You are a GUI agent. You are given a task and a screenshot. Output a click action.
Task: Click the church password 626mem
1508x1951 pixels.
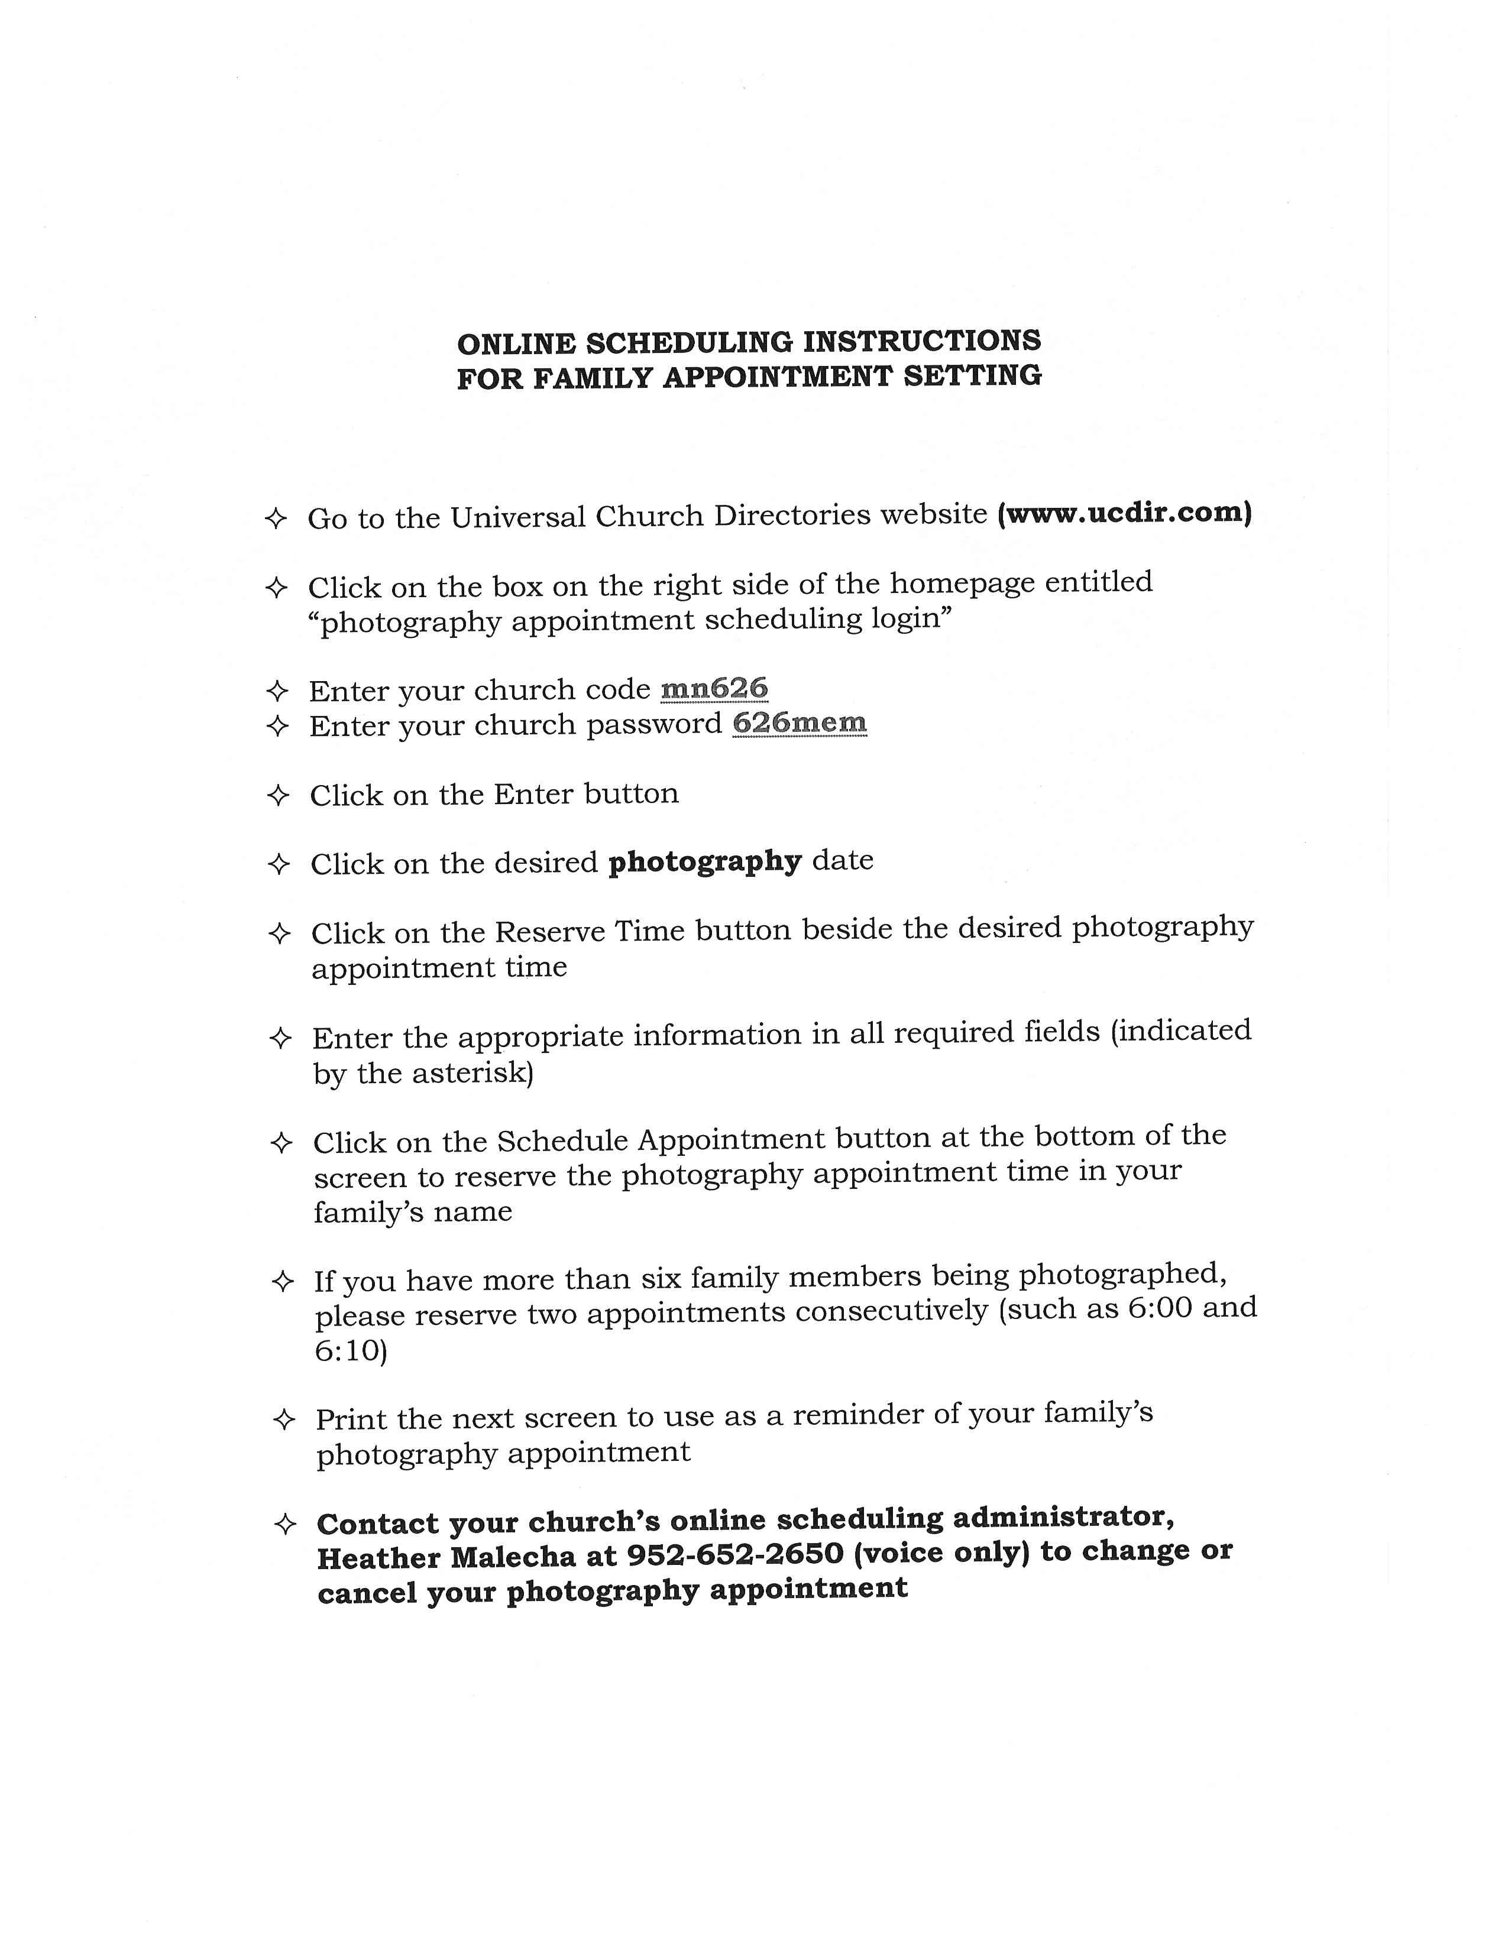(799, 722)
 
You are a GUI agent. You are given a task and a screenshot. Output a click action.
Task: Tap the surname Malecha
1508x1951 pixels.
(513, 1558)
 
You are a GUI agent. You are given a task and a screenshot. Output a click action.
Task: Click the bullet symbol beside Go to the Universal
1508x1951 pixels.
(276, 518)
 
